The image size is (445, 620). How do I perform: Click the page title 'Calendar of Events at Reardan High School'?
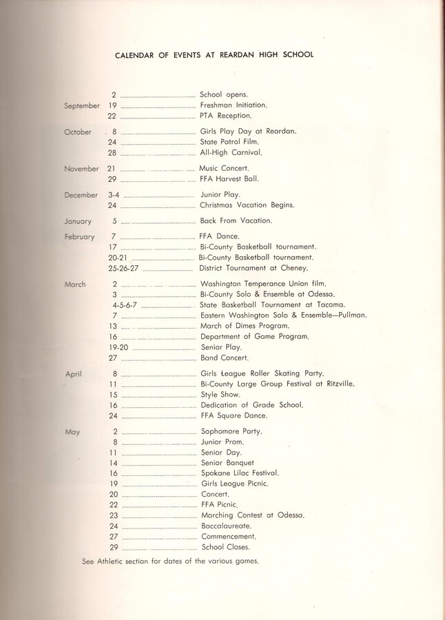pos(214,54)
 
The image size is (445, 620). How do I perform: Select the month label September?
pos(82,106)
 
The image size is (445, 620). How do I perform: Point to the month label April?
pos(74,374)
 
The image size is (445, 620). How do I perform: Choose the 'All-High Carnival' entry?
pos(231,152)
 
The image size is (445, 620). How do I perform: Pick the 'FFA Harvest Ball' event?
pos(229,179)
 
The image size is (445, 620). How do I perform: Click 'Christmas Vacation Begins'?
pos(247,205)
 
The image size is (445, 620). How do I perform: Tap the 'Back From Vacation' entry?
pos(236,221)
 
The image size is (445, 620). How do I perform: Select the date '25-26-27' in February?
pos(125,268)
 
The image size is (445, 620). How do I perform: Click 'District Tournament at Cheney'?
pos(253,268)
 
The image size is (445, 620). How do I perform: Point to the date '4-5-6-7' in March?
pos(125,304)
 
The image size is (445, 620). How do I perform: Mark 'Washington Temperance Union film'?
pos(262,284)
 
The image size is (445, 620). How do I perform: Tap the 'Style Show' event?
pos(220,395)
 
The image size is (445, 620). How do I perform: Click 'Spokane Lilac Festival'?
pos(240,473)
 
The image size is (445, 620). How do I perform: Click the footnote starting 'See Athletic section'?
pos(170,561)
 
